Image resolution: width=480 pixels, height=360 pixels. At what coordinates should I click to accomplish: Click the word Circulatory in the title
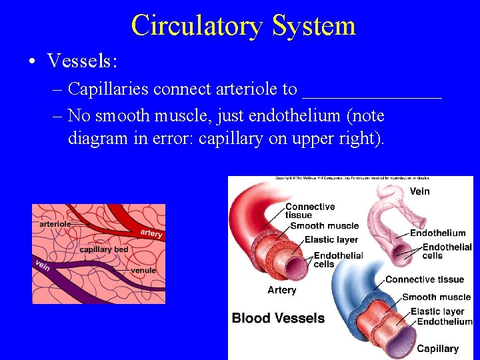[x=197, y=26]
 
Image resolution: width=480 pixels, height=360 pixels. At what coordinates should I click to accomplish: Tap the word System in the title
[x=313, y=26]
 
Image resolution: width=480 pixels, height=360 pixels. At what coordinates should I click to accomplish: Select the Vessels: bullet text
[x=82, y=61]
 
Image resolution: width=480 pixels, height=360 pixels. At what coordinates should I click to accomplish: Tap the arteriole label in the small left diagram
[x=55, y=224]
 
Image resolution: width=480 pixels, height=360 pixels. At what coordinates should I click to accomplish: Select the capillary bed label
[x=104, y=249]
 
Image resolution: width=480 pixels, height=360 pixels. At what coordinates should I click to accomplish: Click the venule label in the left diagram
[x=143, y=271]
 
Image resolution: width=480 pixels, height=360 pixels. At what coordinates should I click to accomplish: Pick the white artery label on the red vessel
[x=151, y=233]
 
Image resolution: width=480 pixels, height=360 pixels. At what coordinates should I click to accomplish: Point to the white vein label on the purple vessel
[x=43, y=265]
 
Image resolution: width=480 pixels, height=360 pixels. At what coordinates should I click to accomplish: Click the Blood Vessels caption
[x=278, y=318]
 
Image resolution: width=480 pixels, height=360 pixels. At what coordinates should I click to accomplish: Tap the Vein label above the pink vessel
[x=419, y=191]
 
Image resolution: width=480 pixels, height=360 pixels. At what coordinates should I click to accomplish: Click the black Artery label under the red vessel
[x=281, y=290]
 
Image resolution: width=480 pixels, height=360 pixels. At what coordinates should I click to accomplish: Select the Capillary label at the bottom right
[x=437, y=349]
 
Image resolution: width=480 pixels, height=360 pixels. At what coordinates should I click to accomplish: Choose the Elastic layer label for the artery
[x=331, y=240]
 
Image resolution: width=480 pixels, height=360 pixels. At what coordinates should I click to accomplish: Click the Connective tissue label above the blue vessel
[x=424, y=279]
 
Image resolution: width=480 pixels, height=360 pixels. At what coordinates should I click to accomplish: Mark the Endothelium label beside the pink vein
[x=437, y=233]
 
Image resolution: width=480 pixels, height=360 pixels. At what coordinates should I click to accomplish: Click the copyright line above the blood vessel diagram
[x=352, y=179]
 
